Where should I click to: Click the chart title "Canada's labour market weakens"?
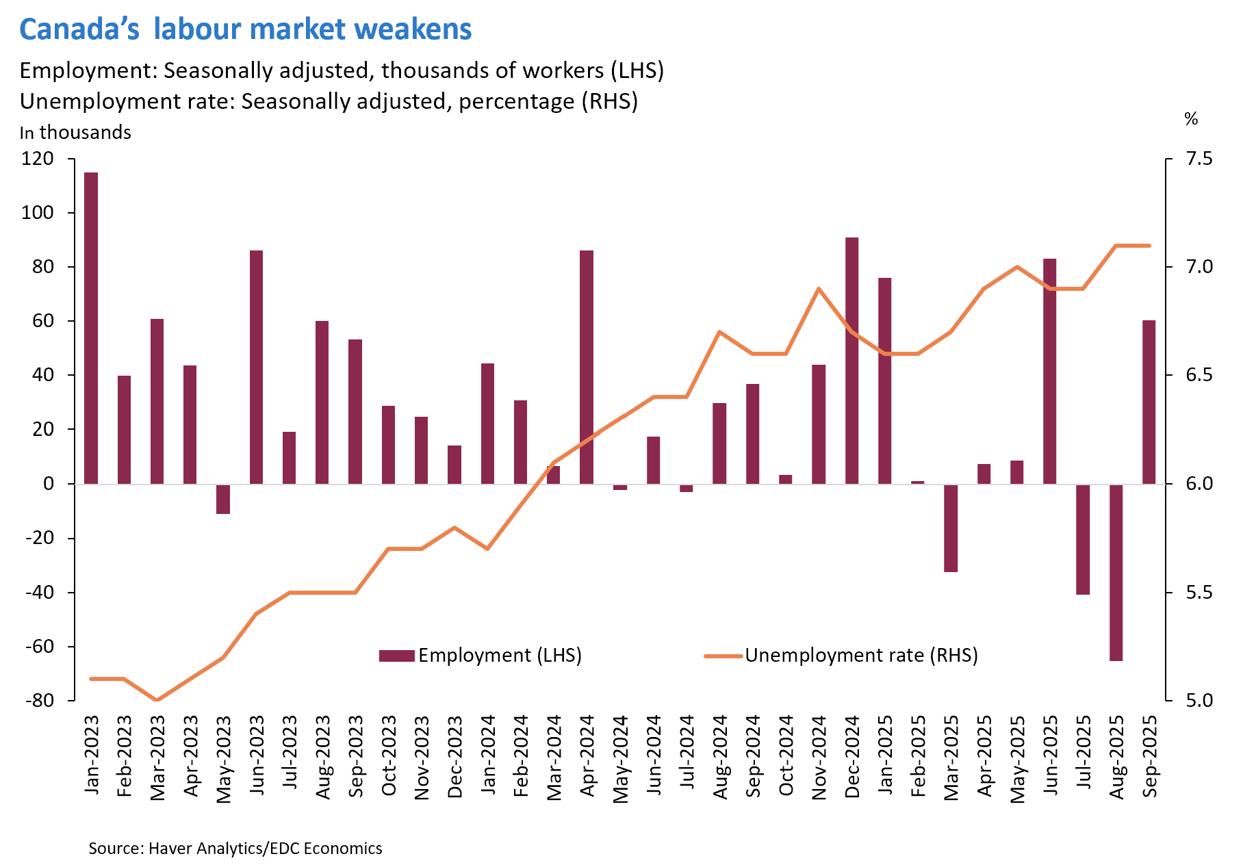tap(245, 29)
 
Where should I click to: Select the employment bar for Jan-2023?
tap(91, 328)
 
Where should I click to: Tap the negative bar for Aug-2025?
tap(1116, 572)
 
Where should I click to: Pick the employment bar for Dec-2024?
tap(851, 361)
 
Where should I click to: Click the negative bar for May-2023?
tap(223, 499)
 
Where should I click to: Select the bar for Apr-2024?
tap(587, 367)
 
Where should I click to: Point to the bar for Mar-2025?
tap(951, 528)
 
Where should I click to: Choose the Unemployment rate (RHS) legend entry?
tap(842, 656)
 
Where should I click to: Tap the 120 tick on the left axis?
tap(38, 159)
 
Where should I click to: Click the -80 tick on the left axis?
tap(39, 701)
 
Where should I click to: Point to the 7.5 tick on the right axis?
tap(1199, 159)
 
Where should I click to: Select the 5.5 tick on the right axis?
tap(1199, 592)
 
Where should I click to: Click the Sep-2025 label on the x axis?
tap(1150, 756)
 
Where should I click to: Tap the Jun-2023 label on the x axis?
tap(257, 756)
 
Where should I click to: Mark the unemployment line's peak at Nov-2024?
tap(819, 289)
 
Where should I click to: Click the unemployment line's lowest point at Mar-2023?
tap(157, 700)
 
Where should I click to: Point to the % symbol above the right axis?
tap(1191, 119)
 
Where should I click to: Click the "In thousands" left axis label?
tap(75, 133)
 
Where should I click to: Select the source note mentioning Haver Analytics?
tap(235, 849)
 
